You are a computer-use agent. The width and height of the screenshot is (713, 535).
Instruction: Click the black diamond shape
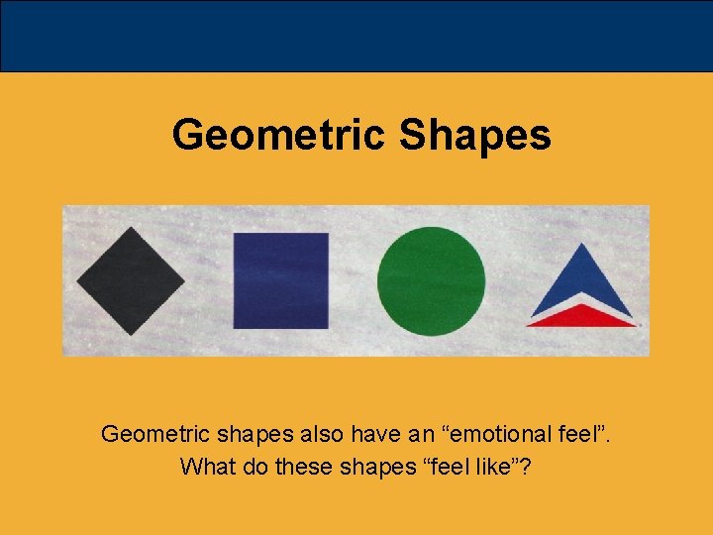(131, 281)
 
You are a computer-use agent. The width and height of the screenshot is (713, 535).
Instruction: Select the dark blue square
(281, 280)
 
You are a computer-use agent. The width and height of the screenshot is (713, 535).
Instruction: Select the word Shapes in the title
(474, 135)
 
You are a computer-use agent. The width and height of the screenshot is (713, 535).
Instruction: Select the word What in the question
(205, 466)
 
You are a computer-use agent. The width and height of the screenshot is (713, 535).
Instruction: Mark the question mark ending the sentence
(526, 466)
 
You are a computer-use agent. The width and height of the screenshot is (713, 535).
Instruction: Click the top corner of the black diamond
(131, 230)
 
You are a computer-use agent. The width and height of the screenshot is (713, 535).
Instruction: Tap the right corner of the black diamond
(184, 281)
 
